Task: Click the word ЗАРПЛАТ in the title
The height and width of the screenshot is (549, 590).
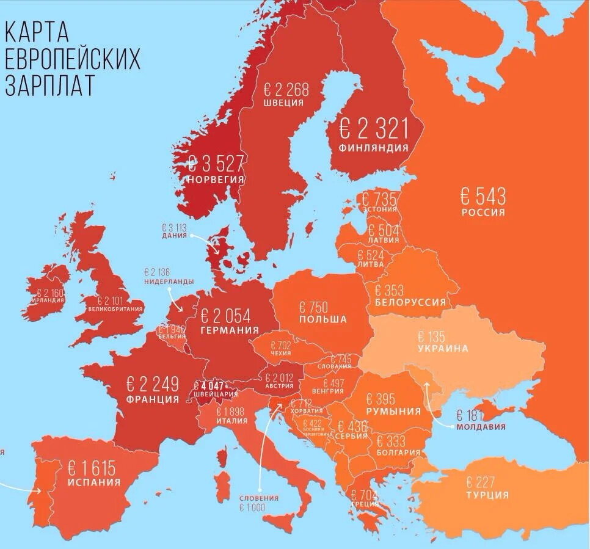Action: (x=49, y=85)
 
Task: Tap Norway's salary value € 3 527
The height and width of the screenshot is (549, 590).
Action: (x=216, y=164)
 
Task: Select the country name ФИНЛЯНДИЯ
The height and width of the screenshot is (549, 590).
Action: (x=374, y=148)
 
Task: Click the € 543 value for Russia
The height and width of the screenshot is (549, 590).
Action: (x=483, y=197)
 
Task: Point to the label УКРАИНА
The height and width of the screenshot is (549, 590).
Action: (x=443, y=349)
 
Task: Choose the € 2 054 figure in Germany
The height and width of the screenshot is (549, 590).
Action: (x=225, y=316)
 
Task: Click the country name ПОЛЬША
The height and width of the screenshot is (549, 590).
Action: (x=322, y=319)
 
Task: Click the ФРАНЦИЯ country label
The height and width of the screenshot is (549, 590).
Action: (x=153, y=399)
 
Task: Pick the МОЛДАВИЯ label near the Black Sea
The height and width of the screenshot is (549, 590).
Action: (x=481, y=426)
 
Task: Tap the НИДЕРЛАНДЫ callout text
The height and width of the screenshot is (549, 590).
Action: (x=169, y=282)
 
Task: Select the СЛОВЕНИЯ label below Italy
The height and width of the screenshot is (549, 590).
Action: (x=259, y=498)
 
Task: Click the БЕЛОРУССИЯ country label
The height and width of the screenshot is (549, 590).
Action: (x=410, y=302)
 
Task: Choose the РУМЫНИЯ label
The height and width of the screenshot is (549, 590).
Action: (x=393, y=411)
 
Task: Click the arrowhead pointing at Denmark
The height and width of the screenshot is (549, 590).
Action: (x=216, y=250)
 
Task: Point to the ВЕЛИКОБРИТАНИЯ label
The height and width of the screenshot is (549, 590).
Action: (x=115, y=309)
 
